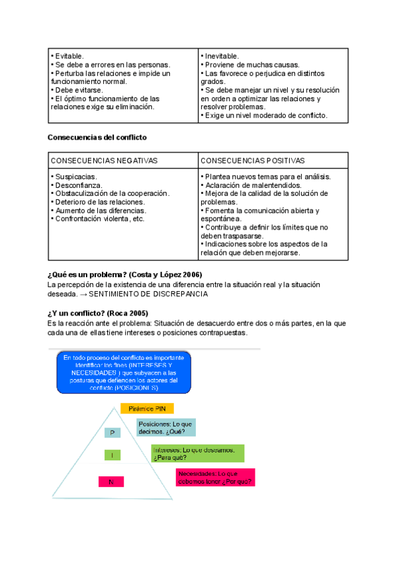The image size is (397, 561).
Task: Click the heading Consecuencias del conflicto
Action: pyautogui.click(x=97, y=137)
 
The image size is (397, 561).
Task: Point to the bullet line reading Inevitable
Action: pyautogui.click(x=220, y=56)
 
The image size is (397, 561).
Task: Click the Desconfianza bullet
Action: pyautogui.click(x=77, y=185)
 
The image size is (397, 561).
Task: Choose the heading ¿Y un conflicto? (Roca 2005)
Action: pyautogui.click(x=99, y=313)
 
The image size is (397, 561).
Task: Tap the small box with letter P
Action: pyautogui.click(x=113, y=432)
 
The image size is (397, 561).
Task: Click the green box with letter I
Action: pyautogui.click(x=112, y=455)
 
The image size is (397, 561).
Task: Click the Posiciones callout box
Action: pyautogui.click(x=165, y=427)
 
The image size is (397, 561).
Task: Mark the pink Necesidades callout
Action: pyautogui.click(x=215, y=478)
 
